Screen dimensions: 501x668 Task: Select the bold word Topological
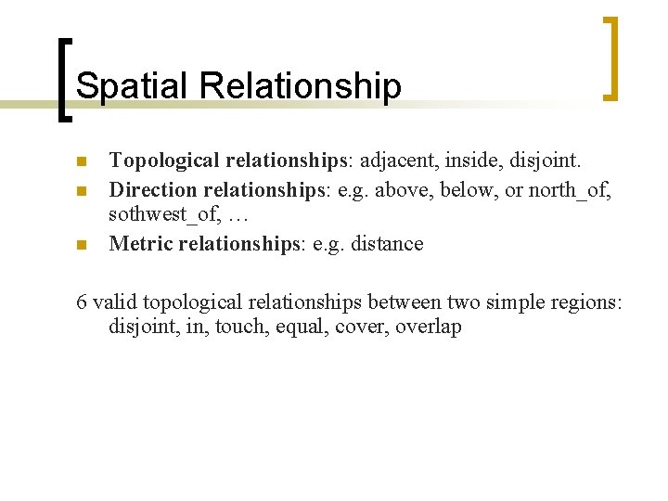(x=164, y=161)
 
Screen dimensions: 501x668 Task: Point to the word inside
(x=473, y=161)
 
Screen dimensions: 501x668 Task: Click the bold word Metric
(x=138, y=244)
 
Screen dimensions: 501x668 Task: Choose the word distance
(x=390, y=244)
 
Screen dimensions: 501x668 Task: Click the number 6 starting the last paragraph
(x=82, y=302)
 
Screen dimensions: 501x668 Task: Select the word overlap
(x=427, y=328)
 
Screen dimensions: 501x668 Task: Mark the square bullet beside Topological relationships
(x=82, y=162)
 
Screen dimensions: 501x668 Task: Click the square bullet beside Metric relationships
(x=82, y=246)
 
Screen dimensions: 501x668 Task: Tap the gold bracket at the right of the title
(x=610, y=58)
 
